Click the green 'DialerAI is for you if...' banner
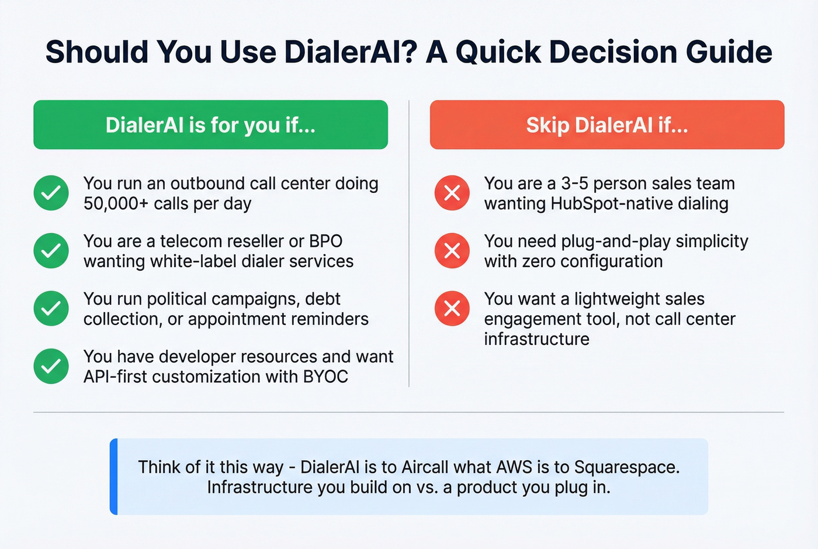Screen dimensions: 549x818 [210, 125]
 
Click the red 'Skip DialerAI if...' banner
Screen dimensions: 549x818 [606, 125]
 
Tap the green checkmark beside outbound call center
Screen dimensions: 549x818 [51, 193]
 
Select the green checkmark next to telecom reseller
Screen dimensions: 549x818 [51, 251]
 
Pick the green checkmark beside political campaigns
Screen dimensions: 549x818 [51, 308]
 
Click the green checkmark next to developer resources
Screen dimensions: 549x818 [51, 366]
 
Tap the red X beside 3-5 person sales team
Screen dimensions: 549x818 [452, 193]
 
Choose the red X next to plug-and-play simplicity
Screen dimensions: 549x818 [452, 251]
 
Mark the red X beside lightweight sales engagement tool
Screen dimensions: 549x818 [452, 308]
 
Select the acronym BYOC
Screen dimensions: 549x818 [325, 377]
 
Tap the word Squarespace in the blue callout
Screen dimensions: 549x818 [626, 467]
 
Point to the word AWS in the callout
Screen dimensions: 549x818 [514, 467]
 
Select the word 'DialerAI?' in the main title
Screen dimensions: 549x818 [351, 52]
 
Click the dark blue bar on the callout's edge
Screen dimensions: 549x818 [114, 477]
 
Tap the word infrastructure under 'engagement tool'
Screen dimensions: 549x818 [536, 339]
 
